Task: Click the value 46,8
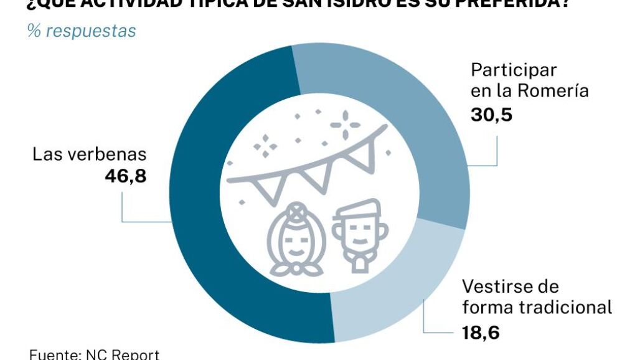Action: point(125,176)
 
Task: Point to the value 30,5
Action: point(491,114)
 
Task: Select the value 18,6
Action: point(480,333)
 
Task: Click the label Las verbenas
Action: point(89,154)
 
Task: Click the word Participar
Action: point(514,69)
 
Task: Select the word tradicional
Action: point(565,307)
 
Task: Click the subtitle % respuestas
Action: point(82,31)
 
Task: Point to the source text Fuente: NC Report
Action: point(94,354)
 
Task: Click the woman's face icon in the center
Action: point(296,240)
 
